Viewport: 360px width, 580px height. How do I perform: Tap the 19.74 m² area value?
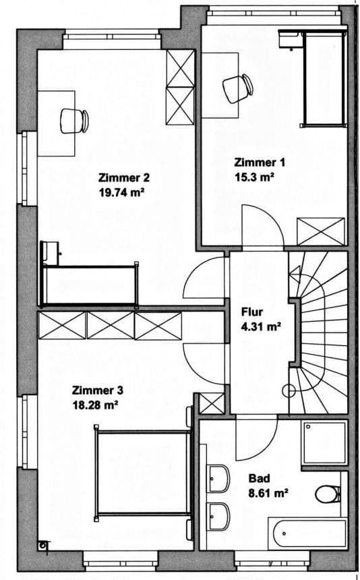click(x=122, y=192)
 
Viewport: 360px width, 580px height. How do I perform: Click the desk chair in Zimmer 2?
click(x=73, y=121)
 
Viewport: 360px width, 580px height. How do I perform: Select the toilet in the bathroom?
click(x=327, y=494)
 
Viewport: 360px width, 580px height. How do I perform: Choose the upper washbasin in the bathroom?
click(x=217, y=479)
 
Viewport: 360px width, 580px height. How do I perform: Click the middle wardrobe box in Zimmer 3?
click(x=111, y=326)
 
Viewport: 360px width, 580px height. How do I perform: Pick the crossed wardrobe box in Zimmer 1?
click(x=321, y=231)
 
